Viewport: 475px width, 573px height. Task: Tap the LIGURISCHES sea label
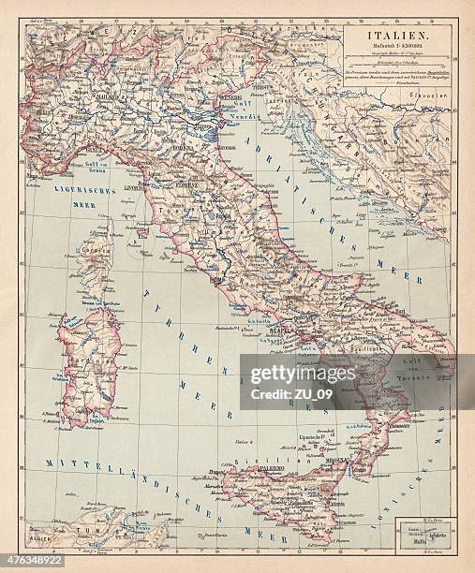(x=84, y=190)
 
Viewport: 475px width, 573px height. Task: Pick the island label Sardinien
(x=89, y=360)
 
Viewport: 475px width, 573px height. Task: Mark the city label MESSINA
(x=335, y=461)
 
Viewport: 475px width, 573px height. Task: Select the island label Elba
(x=141, y=234)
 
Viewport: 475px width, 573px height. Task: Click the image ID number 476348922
(x=32, y=562)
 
